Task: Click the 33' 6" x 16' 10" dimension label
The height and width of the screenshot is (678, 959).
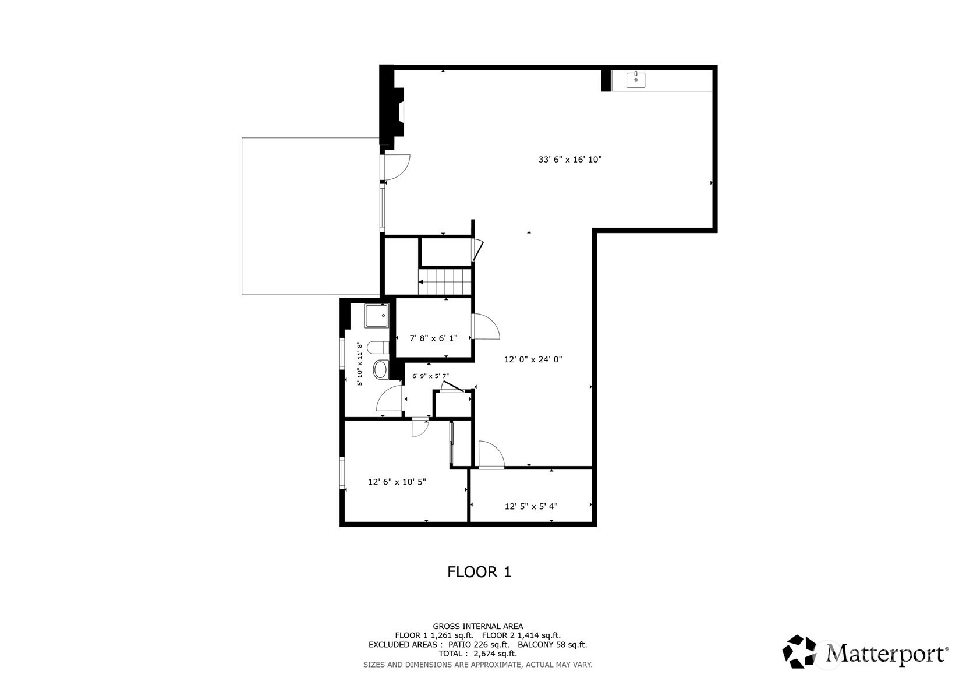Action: click(x=570, y=160)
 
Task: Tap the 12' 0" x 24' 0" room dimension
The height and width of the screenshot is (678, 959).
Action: click(x=533, y=360)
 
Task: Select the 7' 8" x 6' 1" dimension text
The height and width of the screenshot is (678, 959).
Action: click(x=433, y=338)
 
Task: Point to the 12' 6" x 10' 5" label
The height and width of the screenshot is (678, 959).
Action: click(x=397, y=482)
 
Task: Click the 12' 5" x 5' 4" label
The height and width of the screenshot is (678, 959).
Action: click(x=531, y=506)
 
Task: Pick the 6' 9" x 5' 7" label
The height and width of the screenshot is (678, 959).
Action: click(x=430, y=376)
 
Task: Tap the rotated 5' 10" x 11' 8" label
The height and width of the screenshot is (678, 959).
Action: click(x=360, y=363)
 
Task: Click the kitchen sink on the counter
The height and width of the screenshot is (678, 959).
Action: click(x=636, y=80)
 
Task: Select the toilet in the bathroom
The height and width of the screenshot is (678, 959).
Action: click(x=378, y=347)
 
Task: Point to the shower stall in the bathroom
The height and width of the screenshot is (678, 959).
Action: click(x=377, y=316)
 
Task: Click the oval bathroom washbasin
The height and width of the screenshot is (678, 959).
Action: click(x=381, y=370)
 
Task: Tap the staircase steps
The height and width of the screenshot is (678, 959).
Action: click(x=445, y=282)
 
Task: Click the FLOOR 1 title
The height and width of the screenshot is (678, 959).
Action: click(x=479, y=572)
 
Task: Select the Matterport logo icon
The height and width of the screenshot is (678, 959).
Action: click(x=799, y=651)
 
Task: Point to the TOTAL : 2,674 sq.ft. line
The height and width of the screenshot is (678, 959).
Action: click(x=478, y=654)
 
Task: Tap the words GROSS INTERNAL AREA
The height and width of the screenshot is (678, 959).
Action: click(x=478, y=626)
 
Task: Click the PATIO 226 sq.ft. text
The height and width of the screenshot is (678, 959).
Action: click(x=479, y=645)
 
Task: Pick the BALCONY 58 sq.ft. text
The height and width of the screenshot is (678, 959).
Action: click(x=552, y=645)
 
